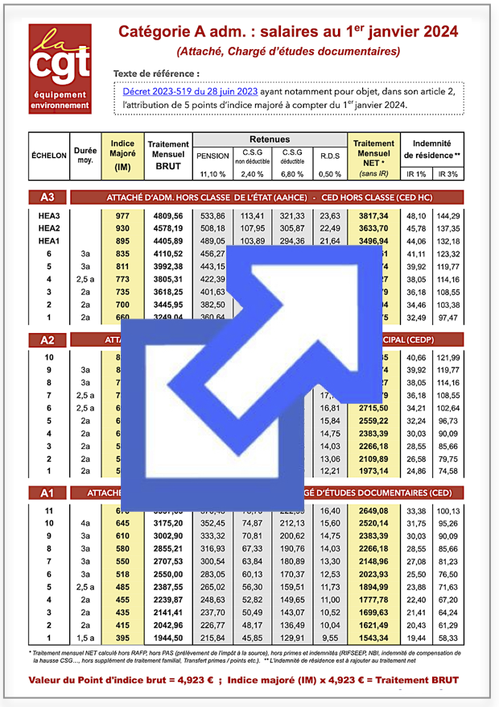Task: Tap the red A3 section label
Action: point(47,197)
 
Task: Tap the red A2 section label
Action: point(47,340)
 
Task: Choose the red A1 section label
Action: point(47,491)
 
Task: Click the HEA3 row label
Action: point(51,216)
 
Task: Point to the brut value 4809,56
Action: point(168,216)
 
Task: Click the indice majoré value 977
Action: point(122,216)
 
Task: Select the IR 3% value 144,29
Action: point(447,216)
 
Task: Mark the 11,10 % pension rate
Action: point(213,174)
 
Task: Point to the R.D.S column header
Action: point(329,156)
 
